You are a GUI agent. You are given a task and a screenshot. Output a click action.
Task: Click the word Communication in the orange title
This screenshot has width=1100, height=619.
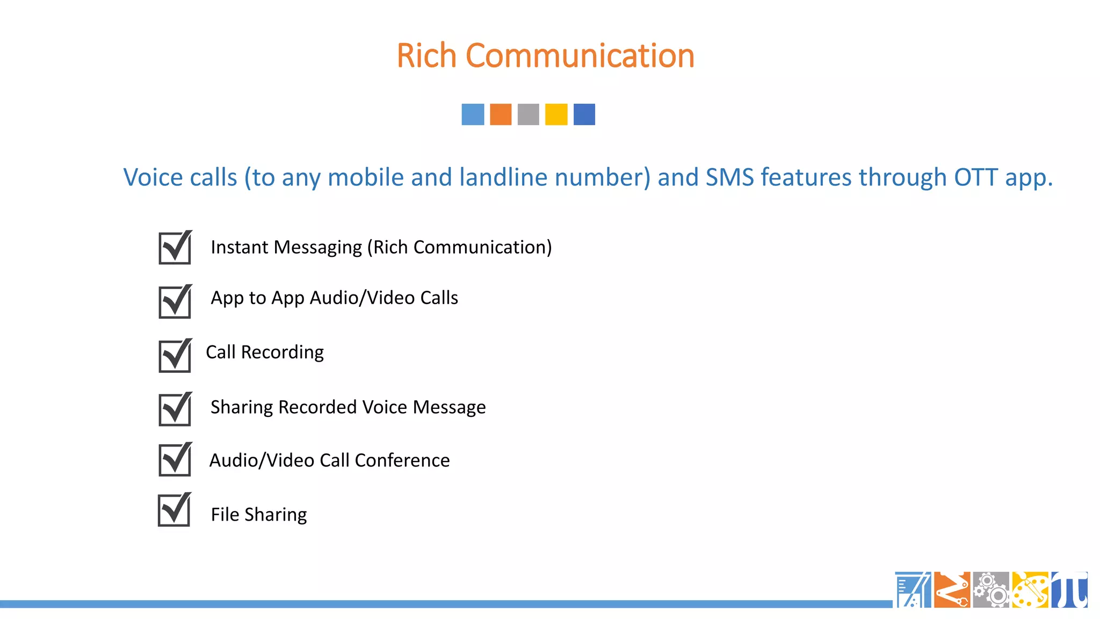(580, 56)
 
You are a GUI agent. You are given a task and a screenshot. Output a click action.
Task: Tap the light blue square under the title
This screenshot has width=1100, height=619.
(473, 114)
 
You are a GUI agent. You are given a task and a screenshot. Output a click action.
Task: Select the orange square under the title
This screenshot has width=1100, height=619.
(501, 114)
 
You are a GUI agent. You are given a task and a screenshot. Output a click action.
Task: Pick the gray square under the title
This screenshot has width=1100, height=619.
(529, 114)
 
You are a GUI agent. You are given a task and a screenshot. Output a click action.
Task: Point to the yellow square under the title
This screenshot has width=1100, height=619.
(556, 114)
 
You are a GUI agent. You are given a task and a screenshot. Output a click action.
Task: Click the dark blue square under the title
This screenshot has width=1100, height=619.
(584, 114)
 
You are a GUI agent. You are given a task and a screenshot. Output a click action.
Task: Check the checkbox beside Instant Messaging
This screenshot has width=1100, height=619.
(175, 248)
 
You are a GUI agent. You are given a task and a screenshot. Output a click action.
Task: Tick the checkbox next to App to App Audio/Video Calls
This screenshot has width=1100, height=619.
(175, 302)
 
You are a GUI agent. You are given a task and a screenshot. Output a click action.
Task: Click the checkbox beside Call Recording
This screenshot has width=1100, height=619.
(175, 356)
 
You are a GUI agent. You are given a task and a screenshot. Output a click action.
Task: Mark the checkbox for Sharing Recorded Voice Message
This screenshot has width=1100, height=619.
(175, 409)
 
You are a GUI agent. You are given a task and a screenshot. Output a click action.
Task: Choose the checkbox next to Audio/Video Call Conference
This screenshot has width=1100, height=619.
(175, 460)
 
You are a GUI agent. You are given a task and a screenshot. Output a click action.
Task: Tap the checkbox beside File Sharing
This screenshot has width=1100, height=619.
(174, 510)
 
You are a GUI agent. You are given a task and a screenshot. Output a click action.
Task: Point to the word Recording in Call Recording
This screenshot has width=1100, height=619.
(282, 352)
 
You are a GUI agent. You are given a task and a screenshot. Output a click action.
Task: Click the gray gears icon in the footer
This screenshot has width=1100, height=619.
(991, 589)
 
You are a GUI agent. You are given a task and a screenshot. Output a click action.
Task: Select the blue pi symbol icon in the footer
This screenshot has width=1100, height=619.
(1069, 589)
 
